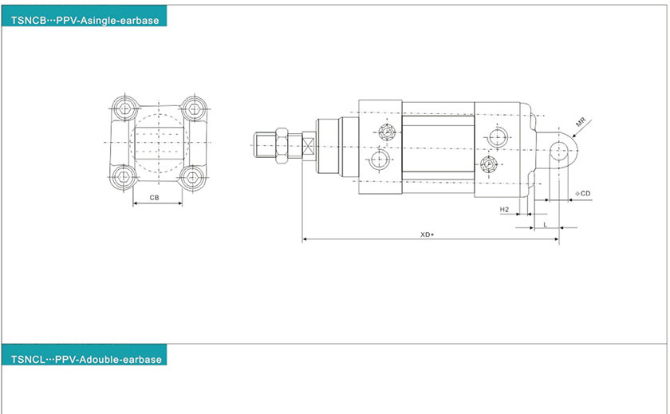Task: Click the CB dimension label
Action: (154, 198)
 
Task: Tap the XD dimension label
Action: (427, 235)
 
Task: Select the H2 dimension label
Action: (504, 209)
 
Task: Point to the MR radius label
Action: (581, 122)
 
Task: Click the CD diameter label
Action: (583, 194)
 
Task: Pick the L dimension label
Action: (545, 225)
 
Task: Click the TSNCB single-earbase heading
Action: (85, 21)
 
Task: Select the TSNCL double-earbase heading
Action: (86, 359)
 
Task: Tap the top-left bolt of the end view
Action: (124, 108)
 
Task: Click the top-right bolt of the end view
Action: (194, 108)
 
